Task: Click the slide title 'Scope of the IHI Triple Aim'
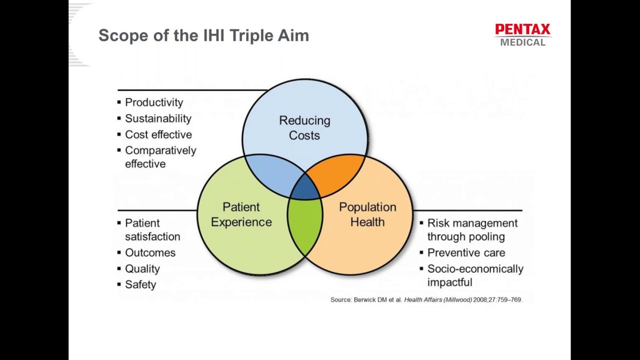(203, 35)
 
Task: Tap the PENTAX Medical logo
(522, 35)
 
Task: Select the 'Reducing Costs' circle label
(304, 127)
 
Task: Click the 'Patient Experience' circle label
(241, 214)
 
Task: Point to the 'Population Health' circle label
(367, 214)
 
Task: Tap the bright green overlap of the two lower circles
(305, 227)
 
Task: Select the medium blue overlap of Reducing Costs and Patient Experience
(272, 172)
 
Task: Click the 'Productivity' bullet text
(154, 102)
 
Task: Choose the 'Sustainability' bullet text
(158, 118)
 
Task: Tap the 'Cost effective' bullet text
(158, 134)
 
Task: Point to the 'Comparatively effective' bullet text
(160, 157)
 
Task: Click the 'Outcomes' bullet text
(150, 252)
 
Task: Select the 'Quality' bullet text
(142, 268)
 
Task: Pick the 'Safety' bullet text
(140, 284)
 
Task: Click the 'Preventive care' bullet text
(466, 252)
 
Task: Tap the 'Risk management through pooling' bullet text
(472, 229)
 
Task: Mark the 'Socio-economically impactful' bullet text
(475, 275)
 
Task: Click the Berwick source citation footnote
(426, 299)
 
